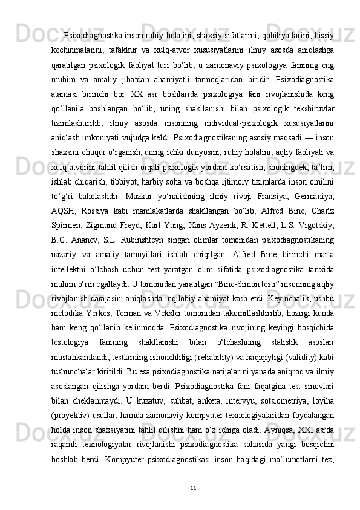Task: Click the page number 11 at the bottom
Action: [x=192, y=488]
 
